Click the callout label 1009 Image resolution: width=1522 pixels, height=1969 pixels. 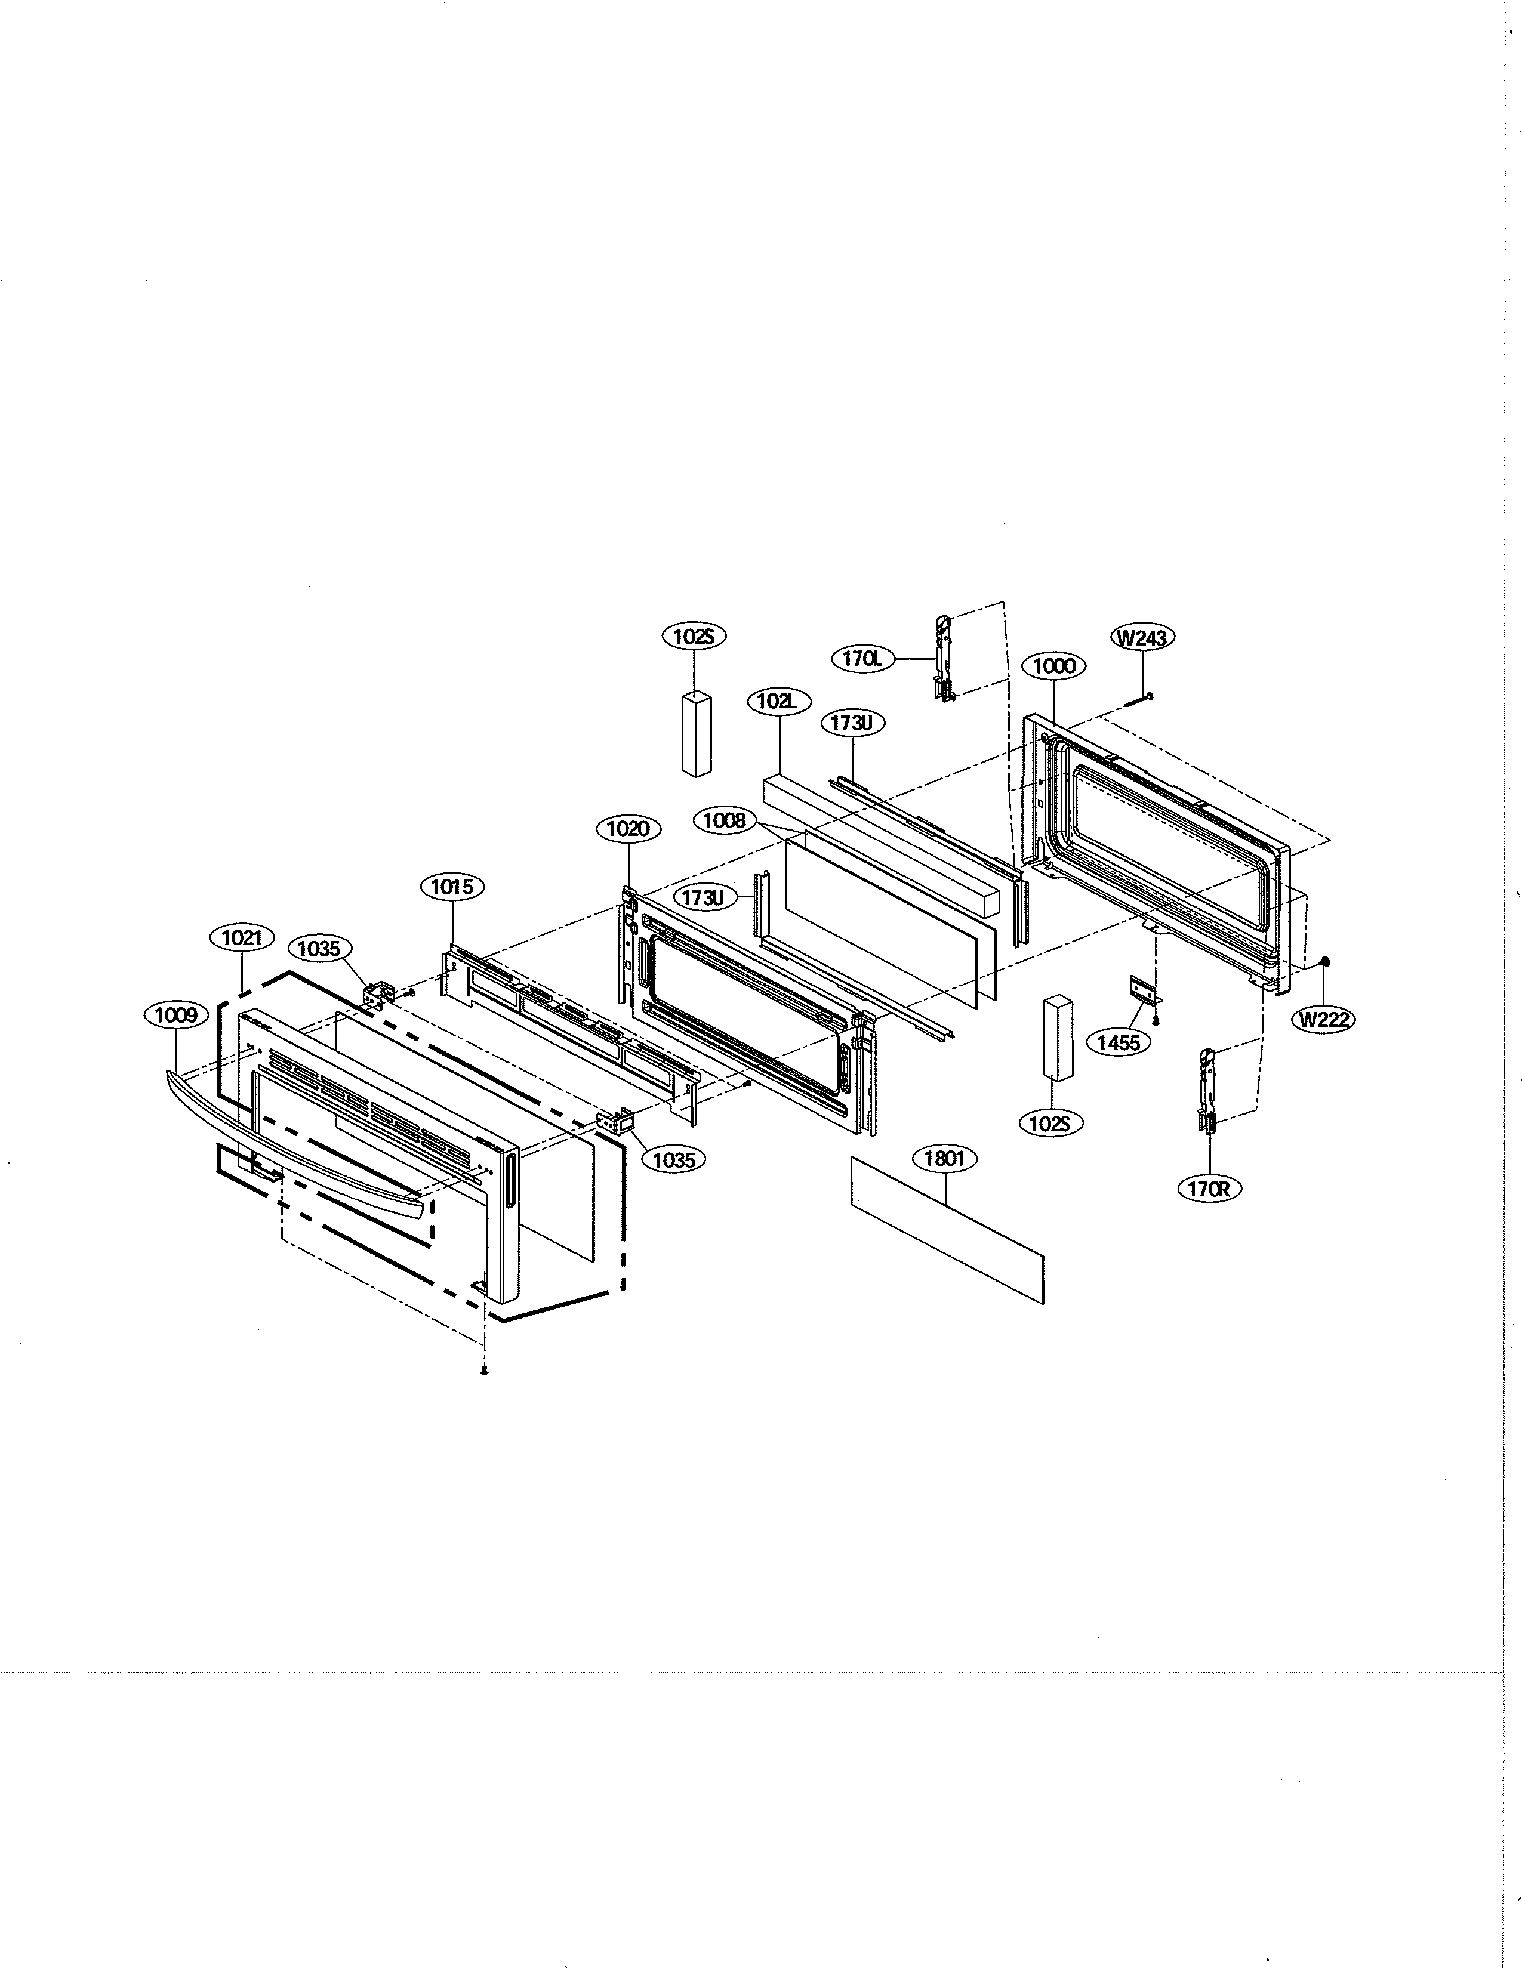pos(175,1015)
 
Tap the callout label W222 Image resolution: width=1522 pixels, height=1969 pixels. pos(1324,1020)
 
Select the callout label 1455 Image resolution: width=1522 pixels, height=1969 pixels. pos(1119,1042)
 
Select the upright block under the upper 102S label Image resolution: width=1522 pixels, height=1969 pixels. pos(697,734)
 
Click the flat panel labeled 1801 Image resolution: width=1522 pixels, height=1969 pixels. pos(947,1230)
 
